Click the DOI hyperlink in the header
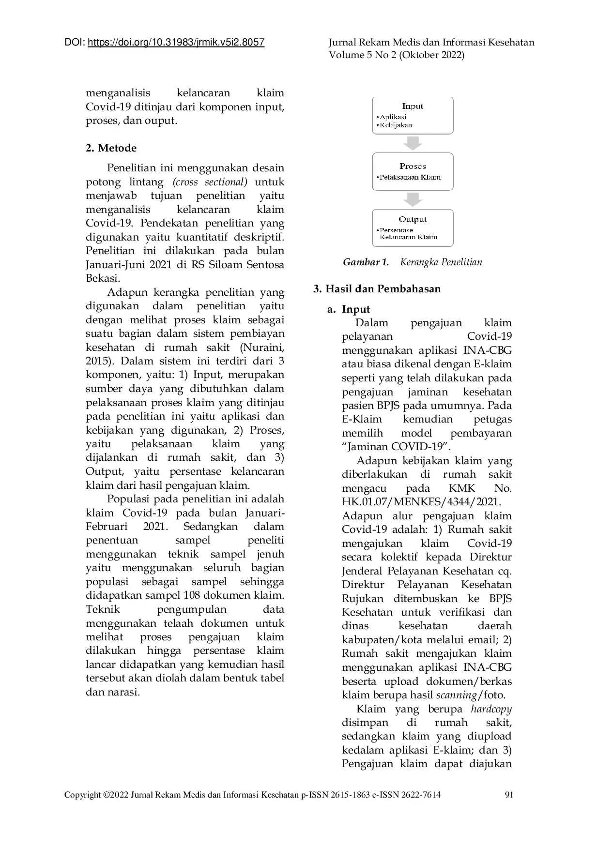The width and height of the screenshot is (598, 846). [176, 43]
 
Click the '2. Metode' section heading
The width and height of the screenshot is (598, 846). [111, 148]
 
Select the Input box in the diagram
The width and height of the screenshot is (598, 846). [413, 115]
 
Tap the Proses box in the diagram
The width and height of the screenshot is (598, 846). [413, 171]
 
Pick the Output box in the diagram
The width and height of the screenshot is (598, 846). [413, 227]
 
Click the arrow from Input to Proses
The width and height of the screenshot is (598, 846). [413, 143]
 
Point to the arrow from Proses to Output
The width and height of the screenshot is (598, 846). [413, 199]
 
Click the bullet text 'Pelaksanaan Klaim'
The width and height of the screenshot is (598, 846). [409, 177]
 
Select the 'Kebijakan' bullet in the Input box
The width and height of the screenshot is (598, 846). [395, 125]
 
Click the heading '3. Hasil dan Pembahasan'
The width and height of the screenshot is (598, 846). [377, 289]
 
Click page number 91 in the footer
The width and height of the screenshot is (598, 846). [509, 795]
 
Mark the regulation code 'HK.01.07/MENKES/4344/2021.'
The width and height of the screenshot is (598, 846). [421, 502]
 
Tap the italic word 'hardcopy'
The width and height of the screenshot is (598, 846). [491, 709]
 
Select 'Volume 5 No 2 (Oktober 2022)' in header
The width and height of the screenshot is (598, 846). [397, 55]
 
